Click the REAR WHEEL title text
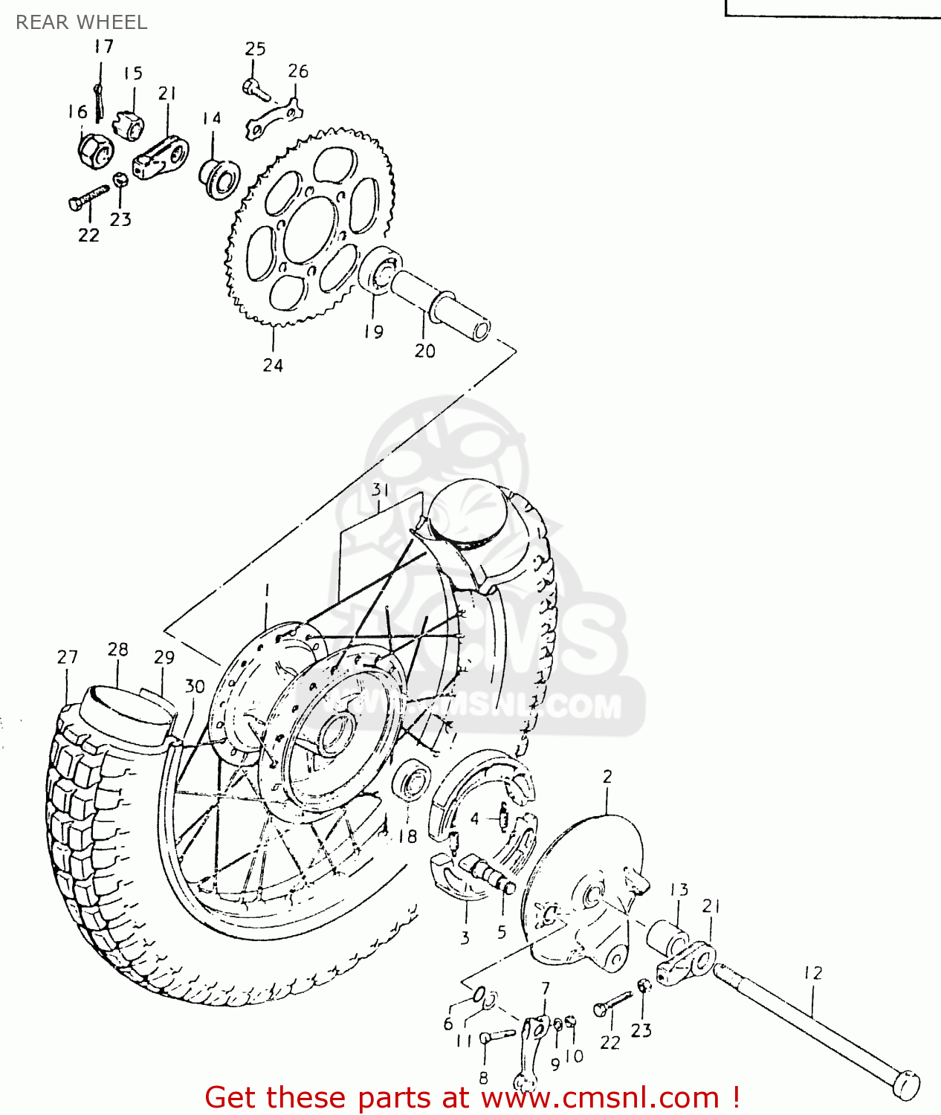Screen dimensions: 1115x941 81,22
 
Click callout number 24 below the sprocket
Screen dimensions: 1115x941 273,365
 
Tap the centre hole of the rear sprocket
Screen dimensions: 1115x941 309,229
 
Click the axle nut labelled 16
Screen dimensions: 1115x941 94,150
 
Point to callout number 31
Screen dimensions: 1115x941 381,490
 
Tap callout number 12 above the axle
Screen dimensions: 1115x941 813,973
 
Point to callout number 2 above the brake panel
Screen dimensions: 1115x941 607,777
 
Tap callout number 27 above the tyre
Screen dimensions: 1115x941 67,657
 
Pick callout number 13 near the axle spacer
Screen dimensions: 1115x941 679,890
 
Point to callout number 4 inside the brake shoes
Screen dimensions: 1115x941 474,819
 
